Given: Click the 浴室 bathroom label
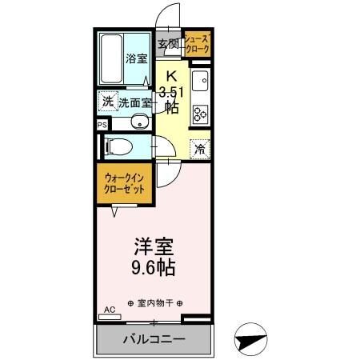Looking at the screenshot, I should pos(135,58).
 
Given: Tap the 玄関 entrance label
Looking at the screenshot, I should pos(167,44).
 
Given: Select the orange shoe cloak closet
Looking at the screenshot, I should pos(197,44).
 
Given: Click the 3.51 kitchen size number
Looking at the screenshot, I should pos(173,90).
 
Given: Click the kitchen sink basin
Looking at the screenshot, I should pos(200,82).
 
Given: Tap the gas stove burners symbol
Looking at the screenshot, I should pos(200,114).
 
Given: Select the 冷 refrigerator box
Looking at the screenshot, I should pos(200,148).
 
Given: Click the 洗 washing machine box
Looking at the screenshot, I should pos(106,102).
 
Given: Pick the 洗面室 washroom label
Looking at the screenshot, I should pos(134,102).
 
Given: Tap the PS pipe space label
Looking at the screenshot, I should pos(102,125).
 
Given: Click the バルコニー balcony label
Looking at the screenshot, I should pos(154,339).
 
